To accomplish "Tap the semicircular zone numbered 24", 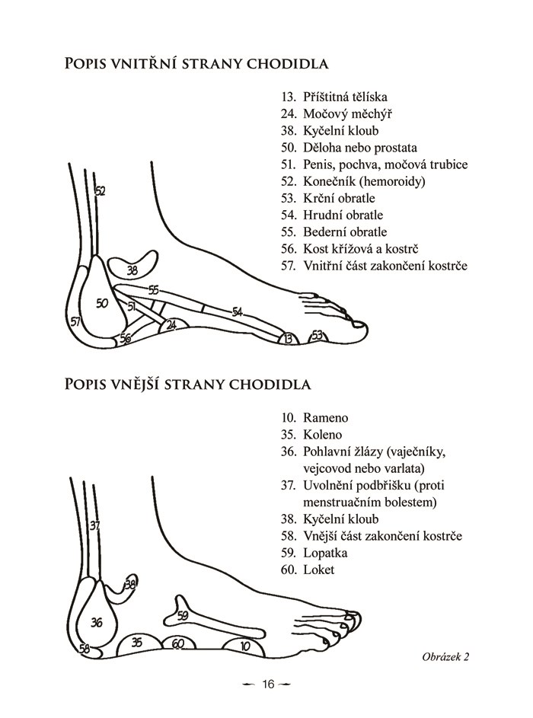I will [x=171, y=326].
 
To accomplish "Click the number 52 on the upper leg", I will [x=100, y=191].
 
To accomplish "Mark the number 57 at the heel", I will [x=75, y=322].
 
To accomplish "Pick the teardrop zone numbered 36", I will [x=97, y=623].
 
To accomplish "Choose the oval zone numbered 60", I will [x=177, y=644].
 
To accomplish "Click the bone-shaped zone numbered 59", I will [x=183, y=615].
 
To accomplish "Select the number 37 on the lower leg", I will [x=94, y=525].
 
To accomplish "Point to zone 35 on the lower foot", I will [x=136, y=643].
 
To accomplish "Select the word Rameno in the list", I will [x=325, y=418].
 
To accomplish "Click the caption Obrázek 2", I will [x=445, y=656].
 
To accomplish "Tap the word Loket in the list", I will [x=318, y=570].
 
